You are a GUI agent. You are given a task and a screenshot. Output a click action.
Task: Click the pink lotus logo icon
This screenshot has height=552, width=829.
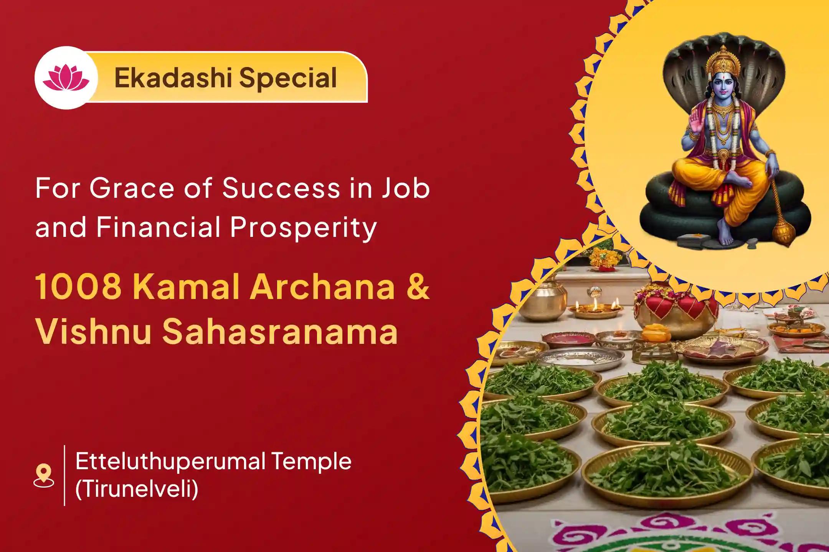click(66, 78)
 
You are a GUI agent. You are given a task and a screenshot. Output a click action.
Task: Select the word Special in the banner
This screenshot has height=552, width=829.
click(288, 78)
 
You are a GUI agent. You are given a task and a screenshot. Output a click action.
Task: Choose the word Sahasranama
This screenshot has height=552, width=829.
click(279, 332)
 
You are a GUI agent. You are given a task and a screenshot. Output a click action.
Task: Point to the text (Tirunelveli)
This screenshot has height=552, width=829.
click(137, 490)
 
